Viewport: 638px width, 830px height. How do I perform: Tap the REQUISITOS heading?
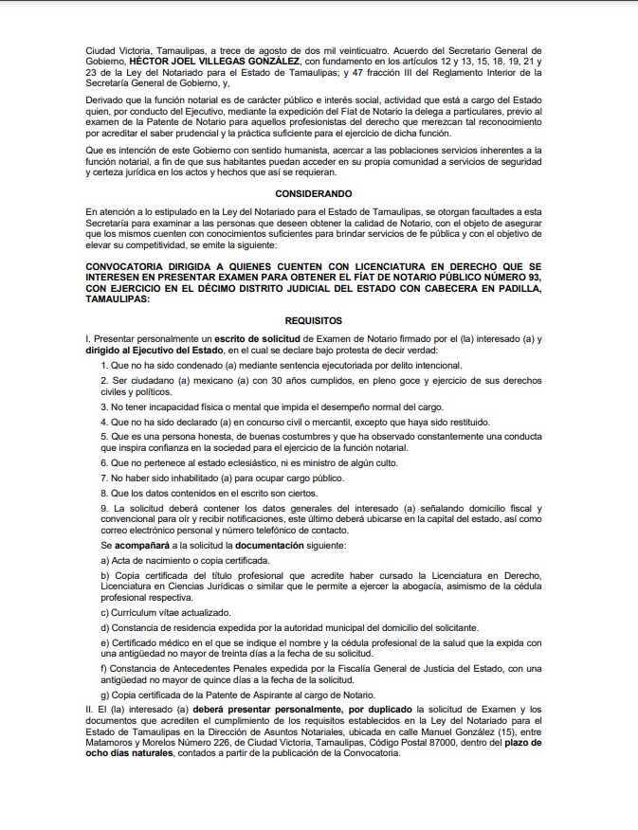[x=313, y=321]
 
